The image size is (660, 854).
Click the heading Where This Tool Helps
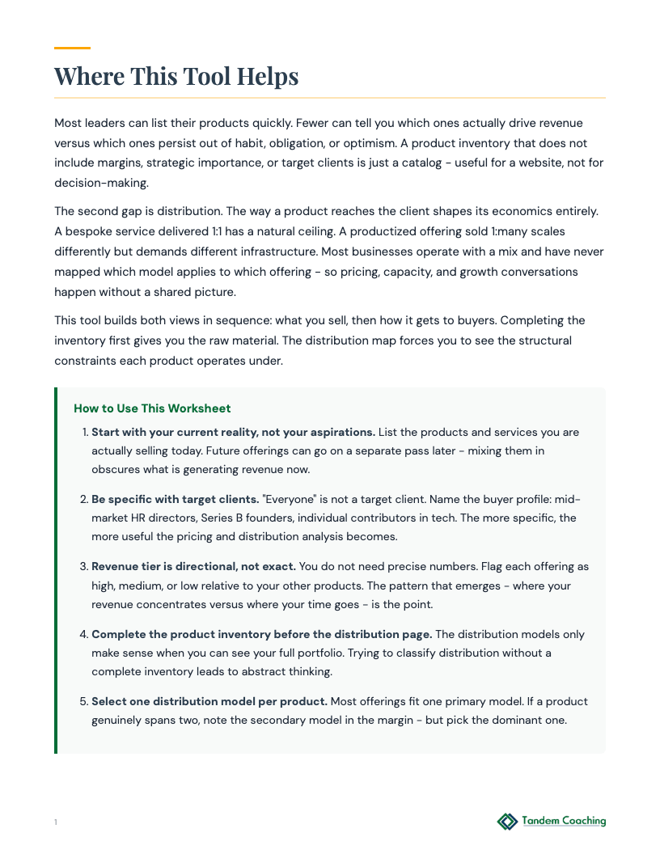click(176, 77)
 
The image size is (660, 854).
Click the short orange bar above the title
click(72, 49)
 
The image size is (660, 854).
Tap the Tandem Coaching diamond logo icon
click(507, 822)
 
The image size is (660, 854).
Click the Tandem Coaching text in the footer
click(564, 821)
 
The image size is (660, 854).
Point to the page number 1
click(56, 822)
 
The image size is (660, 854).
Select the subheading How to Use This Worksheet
click(152, 408)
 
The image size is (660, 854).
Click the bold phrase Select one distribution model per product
click(209, 701)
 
